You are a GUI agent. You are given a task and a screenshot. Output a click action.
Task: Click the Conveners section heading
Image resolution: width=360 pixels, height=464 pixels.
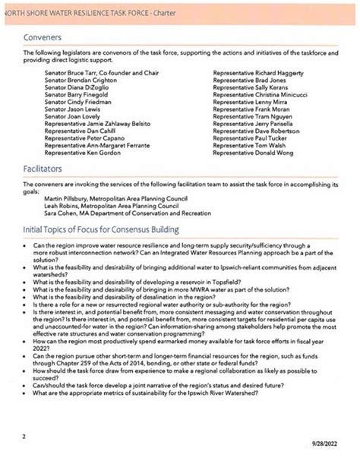43,36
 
